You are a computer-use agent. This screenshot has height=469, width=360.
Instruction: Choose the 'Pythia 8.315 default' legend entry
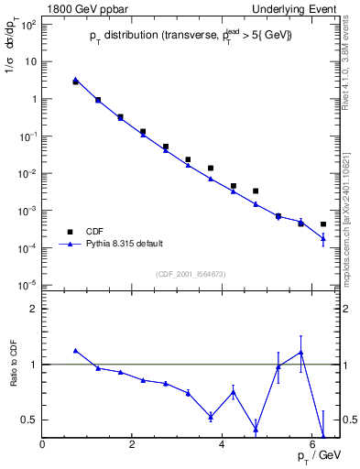(x=120, y=244)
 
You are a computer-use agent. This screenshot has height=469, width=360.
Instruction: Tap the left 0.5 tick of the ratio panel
(x=29, y=420)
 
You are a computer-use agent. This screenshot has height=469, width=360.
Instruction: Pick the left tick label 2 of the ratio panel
(x=34, y=309)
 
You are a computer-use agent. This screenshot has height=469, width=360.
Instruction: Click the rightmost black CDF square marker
(x=322, y=224)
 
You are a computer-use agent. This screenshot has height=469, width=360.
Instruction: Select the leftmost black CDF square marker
(x=75, y=82)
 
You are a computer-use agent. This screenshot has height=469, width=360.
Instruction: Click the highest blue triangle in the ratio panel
(x=300, y=353)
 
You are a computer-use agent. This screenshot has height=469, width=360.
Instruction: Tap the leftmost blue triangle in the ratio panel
(x=75, y=350)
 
